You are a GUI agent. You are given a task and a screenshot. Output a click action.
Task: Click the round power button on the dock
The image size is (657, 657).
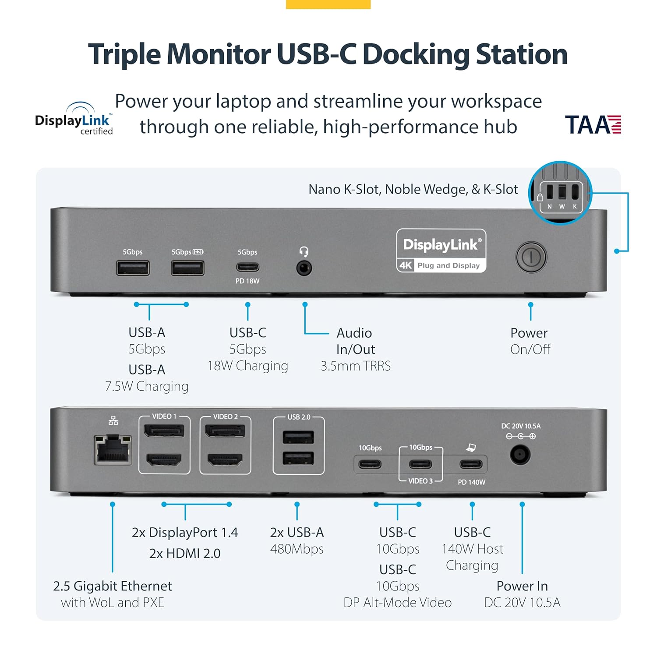click(531, 257)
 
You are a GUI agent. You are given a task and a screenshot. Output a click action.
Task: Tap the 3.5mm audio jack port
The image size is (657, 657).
click(304, 268)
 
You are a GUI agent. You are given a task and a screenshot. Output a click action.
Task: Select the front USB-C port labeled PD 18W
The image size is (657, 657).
click(247, 267)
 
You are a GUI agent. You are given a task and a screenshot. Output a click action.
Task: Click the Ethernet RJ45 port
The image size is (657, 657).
click(113, 449)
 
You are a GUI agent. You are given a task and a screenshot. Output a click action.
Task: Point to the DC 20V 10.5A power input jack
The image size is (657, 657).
click(520, 455)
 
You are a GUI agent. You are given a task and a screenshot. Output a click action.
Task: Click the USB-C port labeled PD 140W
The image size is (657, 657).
click(471, 464)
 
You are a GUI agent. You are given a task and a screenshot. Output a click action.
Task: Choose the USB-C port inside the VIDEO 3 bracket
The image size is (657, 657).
click(420, 464)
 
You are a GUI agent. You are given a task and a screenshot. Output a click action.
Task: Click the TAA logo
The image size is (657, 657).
click(593, 125)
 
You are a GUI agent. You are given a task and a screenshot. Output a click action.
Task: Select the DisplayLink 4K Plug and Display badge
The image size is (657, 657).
click(441, 251)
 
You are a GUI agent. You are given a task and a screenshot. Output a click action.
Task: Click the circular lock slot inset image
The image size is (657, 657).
click(560, 193)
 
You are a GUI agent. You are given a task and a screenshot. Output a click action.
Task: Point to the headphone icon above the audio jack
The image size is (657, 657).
click(304, 251)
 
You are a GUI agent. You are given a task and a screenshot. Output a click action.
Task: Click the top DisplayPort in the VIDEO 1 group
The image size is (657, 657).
click(164, 431)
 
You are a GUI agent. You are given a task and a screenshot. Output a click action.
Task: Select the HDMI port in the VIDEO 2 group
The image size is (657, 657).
click(225, 460)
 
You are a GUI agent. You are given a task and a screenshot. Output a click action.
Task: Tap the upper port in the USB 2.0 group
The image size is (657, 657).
click(298, 437)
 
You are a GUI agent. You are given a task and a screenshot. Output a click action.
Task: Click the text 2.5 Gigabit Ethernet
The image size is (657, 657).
click(113, 586)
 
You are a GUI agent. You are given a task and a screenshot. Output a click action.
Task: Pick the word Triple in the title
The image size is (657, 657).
click(124, 54)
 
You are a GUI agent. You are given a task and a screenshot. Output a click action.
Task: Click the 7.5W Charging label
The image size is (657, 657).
click(147, 386)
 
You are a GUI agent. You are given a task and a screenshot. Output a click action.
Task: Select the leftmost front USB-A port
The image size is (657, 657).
click(133, 268)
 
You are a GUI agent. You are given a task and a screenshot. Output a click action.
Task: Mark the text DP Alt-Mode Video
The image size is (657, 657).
click(397, 603)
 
